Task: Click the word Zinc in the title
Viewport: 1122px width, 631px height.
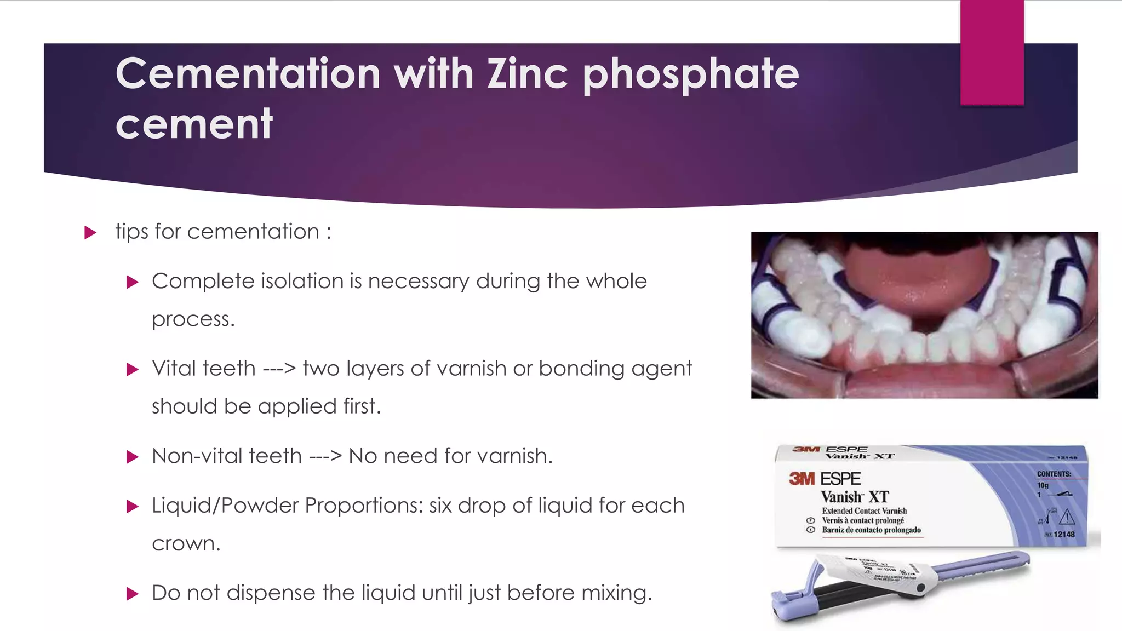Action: coord(527,74)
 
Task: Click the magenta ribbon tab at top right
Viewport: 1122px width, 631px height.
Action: coord(992,52)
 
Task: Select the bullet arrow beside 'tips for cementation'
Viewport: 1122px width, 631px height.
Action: coord(90,233)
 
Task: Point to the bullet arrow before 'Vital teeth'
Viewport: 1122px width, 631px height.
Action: coord(132,370)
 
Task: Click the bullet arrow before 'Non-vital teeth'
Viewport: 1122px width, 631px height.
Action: coord(132,457)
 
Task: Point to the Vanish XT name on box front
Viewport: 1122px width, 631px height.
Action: coord(854,497)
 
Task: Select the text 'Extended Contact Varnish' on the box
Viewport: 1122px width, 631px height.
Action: coord(864,510)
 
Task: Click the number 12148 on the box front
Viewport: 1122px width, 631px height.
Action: coord(1064,534)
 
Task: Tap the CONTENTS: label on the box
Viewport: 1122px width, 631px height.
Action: coord(1054,474)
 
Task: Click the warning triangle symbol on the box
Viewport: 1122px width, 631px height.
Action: coord(1067,517)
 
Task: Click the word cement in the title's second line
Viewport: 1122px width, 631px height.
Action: coord(194,124)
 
